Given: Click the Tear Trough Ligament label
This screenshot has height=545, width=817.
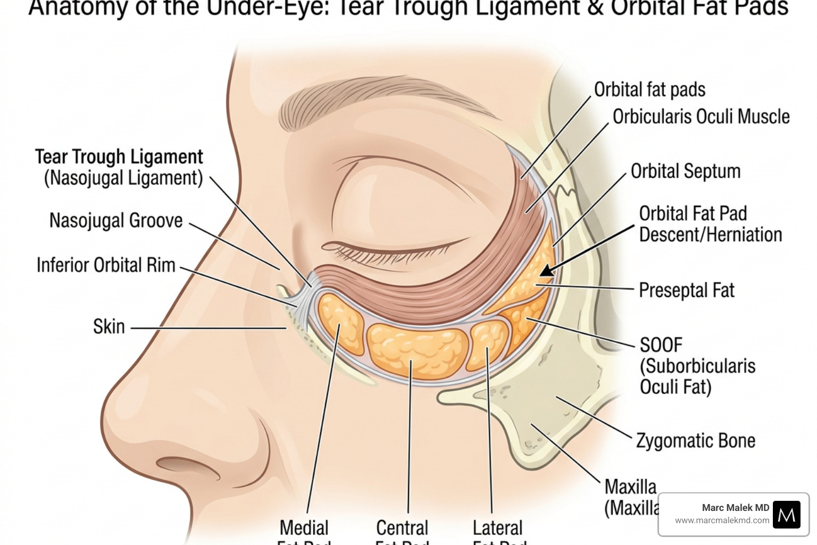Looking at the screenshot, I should pos(119,158).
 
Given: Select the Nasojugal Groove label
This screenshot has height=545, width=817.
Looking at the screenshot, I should pos(116,220).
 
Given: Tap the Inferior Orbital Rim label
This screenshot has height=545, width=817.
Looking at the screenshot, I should pos(106,265).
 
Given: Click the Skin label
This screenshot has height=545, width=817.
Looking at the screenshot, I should pos(109,327).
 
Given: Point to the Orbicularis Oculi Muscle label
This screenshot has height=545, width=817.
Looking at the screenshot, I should pos(701,117).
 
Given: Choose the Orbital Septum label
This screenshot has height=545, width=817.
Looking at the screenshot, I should pos(685,171).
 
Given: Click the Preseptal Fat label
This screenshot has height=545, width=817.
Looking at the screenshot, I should pos(686,291).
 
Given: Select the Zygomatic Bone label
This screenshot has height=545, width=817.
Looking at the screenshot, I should pos(696,441).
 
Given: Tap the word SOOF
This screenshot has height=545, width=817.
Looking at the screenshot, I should pos(661,345).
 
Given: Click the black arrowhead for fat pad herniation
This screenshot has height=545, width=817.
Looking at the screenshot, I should pos(547,271).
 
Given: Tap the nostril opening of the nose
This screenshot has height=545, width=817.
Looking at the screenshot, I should pos(184,465).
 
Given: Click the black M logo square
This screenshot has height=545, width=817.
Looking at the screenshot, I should pos(786,514).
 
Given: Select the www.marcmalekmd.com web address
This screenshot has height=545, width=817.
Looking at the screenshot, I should pos(722,521).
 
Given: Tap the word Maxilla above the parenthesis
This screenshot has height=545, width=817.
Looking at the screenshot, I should pos(630,486).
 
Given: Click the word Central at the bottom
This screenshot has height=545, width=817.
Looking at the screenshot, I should pos(402,528).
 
